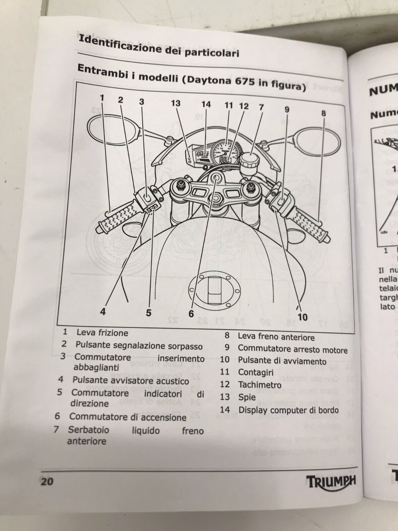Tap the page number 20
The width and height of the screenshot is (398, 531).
(47, 481)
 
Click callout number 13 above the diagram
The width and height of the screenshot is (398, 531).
(175, 103)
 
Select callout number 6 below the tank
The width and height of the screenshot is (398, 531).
(191, 313)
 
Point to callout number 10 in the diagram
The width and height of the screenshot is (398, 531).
(302, 317)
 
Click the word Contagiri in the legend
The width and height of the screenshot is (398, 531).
(256, 372)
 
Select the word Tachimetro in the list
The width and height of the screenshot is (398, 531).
(260, 385)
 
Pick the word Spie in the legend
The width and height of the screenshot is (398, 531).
(247, 397)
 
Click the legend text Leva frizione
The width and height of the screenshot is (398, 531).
(102, 333)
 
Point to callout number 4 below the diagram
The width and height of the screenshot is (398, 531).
(103, 312)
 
